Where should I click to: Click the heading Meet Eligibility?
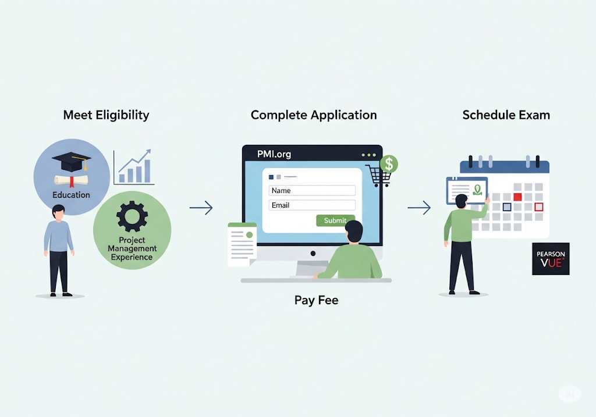coord(106,115)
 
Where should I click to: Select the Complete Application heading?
coord(313,115)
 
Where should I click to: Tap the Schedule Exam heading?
coord(506,115)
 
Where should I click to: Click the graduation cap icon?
coord(71,162)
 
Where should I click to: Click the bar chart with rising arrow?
coord(134,167)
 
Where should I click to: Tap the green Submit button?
coord(335,220)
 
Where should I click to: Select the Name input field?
coord(312,190)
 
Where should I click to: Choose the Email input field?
coord(312,205)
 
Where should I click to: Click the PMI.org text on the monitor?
coord(274,154)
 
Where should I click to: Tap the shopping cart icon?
coord(377,176)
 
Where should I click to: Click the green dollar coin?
coord(388,164)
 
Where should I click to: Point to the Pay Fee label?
coord(316,301)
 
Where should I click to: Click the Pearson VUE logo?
coord(551,259)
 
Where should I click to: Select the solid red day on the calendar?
coord(517,197)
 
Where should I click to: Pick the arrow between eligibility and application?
coord(201,208)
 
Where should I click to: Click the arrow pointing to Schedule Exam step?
coord(418,208)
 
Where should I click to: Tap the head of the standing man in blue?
coord(58,212)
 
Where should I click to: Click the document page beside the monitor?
coord(242,245)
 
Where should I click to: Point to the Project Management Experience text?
coord(132,248)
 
